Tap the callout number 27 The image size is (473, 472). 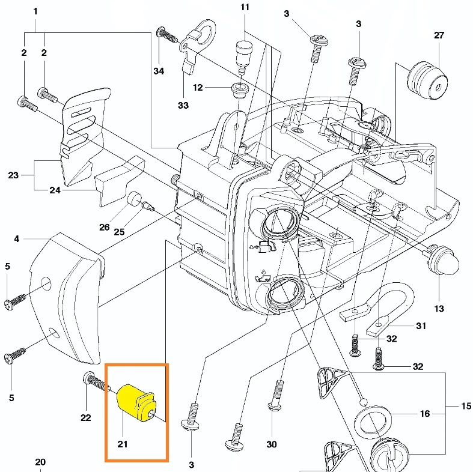pyautogui.click(x=439, y=35)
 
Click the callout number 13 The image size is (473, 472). pyautogui.click(x=439, y=309)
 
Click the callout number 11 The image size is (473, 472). pyautogui.click(x=244, y=7)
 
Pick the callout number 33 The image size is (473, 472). pyautogui.click(x=183, y=105)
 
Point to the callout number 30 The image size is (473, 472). pyautogui.click(x=271, y=444)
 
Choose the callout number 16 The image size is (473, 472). pyautogui.click(x=425, y=414)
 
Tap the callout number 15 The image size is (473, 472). pyautogui.click(x=466, y=407)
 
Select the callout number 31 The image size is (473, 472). pyautogui.click(x=421, y=326)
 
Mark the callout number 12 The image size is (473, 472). pyautogui.click(x=198, y=88)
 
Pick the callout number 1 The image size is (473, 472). pyautogui.click(x=35, y=11)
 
